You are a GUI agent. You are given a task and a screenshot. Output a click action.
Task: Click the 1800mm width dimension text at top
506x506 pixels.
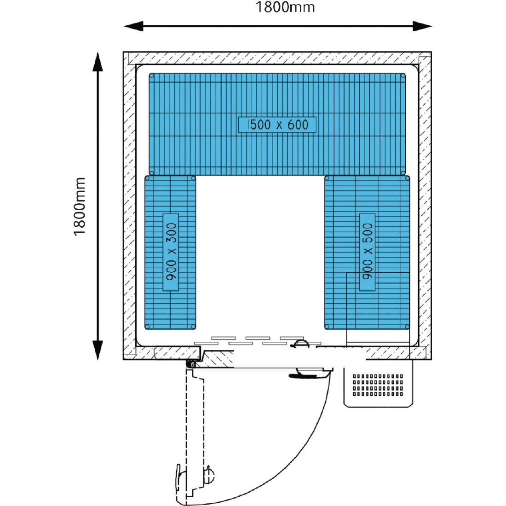pos(285,7)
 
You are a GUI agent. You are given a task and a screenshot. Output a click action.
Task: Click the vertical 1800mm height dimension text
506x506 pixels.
pos(80,207)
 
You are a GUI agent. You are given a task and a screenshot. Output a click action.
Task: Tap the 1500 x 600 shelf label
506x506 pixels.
pos(277,125)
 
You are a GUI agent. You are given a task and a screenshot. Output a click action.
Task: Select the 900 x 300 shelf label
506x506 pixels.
pos(171,252)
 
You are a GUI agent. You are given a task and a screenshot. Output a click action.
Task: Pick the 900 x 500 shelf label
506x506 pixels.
pos(367,251)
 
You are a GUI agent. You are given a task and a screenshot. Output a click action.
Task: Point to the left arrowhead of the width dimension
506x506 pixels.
pos(133,26)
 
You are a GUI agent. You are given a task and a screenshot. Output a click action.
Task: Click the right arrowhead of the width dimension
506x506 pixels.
pos(422,26)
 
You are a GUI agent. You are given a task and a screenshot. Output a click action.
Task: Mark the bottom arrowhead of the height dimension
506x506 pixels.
pos(98,350)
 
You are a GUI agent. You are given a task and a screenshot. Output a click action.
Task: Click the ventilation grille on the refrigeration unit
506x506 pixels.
pos(378,385)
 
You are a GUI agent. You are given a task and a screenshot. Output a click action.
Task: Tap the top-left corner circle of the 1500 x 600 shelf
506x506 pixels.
pos(152,76)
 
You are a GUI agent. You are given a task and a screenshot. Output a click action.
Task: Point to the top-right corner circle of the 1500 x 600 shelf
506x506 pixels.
pos(403,76)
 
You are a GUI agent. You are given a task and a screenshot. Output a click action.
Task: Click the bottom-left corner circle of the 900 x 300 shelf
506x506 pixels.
pos(148,327)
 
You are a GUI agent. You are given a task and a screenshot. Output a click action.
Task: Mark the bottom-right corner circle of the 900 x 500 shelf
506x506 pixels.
pos(407,327)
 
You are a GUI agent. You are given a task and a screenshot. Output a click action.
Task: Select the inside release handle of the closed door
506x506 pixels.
pos(300,344)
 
